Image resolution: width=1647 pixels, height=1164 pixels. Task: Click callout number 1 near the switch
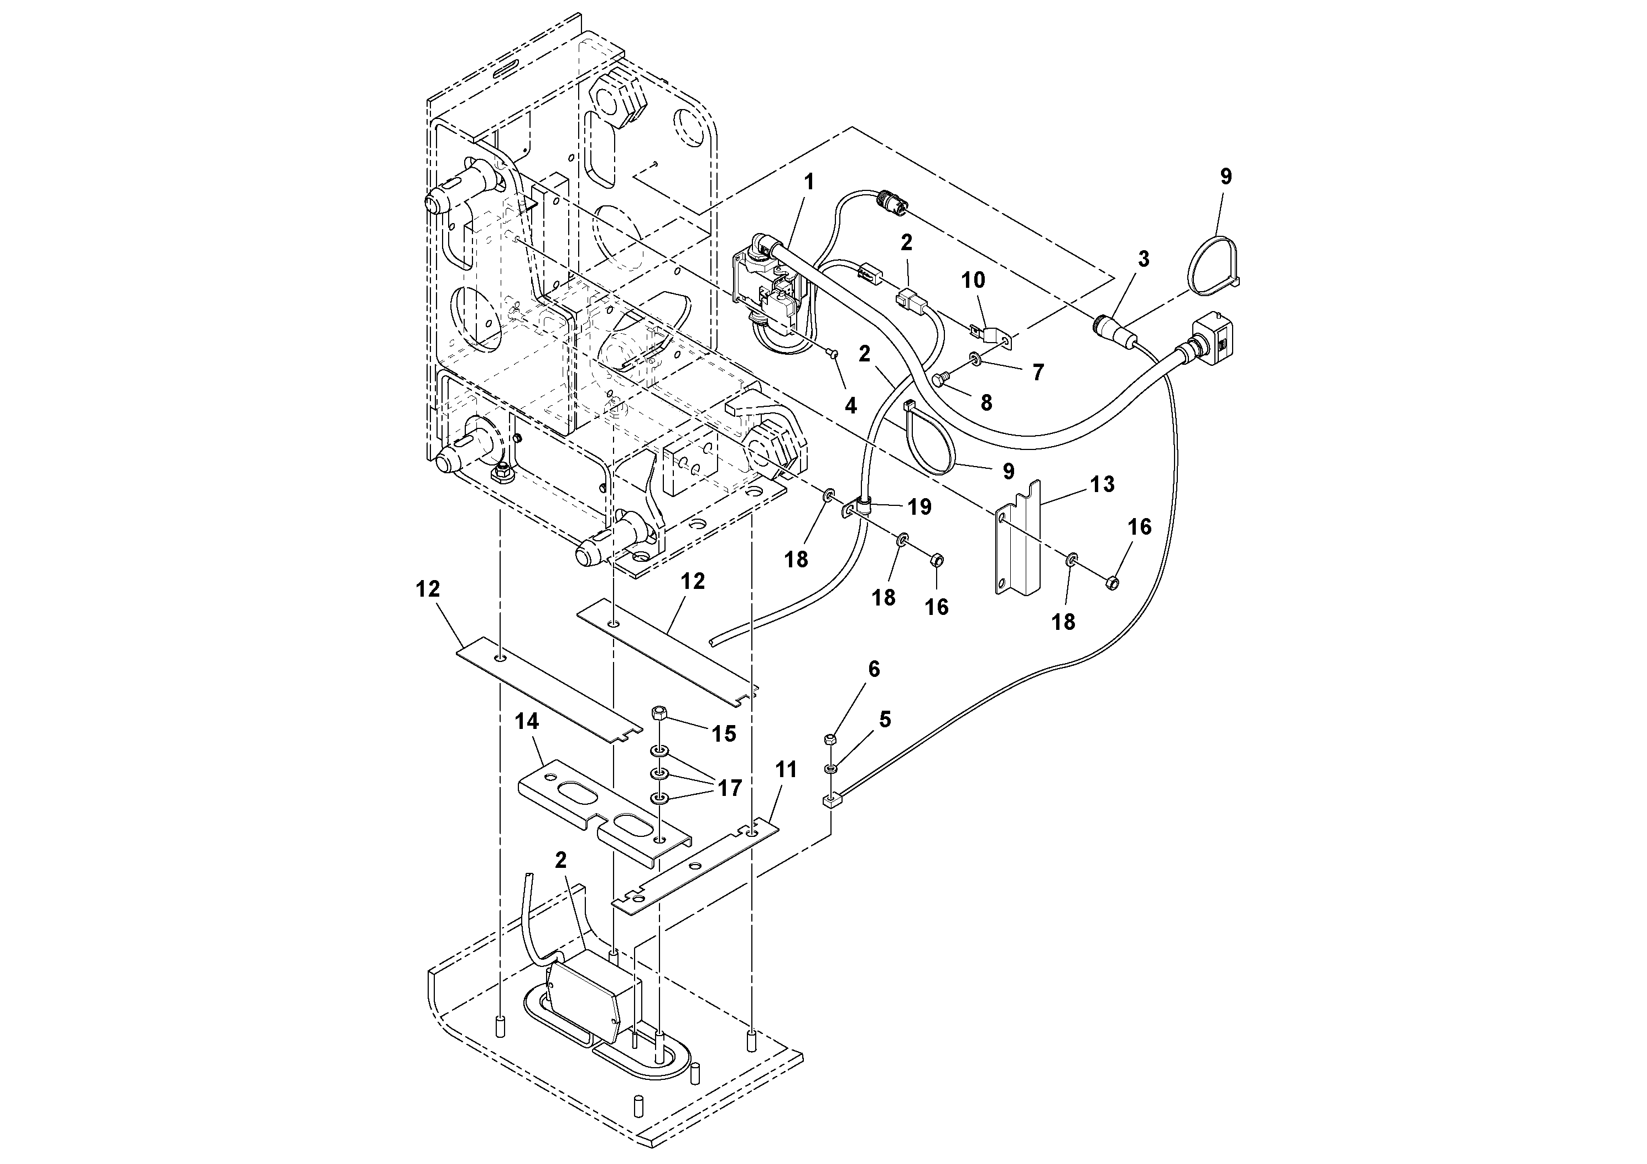(x=809, y=182)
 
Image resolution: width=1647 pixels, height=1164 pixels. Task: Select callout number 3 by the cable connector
(x=1144, y=259)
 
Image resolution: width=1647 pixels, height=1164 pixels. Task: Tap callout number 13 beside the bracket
(x=1103, y=484)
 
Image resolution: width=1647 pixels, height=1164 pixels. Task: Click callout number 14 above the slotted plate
(x=527, y=721)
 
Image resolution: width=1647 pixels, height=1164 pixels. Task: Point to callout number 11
(x=786, y=770)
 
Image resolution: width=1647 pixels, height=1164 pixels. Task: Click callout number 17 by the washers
(x=730, y=789)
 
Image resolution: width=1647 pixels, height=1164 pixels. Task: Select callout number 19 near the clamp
(x=919, y=506)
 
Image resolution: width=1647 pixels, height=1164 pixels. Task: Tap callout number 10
(x=973, y=280)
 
